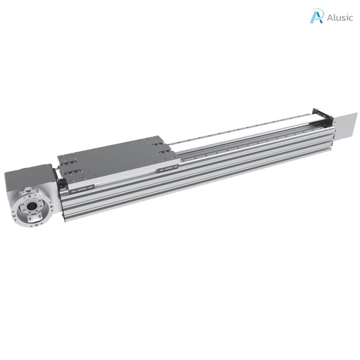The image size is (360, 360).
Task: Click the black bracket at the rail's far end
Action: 323,118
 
